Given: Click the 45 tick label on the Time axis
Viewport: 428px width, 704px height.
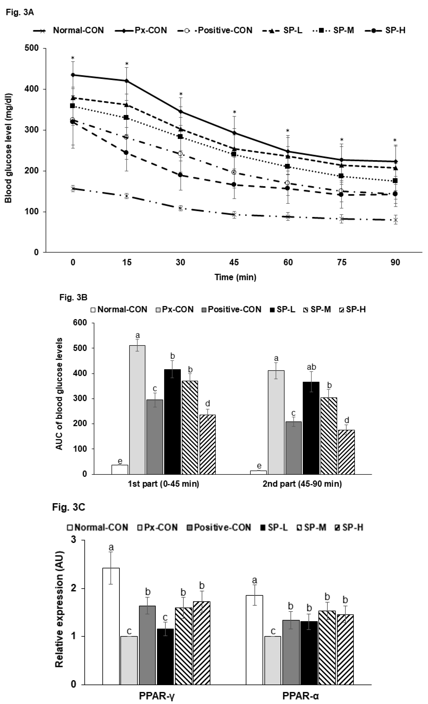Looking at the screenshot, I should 234,262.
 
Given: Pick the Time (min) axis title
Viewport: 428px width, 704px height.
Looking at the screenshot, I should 235,277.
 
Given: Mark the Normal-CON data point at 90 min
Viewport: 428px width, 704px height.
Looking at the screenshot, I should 395,220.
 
